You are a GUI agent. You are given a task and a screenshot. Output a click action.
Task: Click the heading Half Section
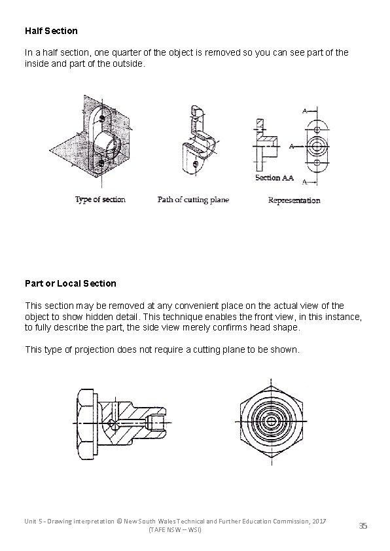[x=51, y=31]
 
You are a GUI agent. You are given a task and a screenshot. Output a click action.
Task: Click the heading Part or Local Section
[x=70, y=283]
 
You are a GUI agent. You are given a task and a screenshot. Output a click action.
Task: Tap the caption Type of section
[x=100, y=200]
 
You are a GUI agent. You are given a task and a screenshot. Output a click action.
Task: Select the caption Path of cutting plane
[x=193, y=200]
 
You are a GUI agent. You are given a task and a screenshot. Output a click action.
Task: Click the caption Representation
[x=294, y=200]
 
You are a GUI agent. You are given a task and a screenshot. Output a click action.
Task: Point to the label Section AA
[x=274, y=178]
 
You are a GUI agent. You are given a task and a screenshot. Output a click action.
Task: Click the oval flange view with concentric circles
[x=317, y=145]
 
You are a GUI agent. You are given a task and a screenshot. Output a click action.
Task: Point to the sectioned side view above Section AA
[x=265, y=145]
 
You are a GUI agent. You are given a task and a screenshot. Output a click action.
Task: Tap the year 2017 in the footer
[x=318, y=520]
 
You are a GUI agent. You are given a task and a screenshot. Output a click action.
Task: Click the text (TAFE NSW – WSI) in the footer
[x=175, y=529]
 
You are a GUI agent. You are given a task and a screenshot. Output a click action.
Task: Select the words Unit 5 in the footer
[x=36, y=520]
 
